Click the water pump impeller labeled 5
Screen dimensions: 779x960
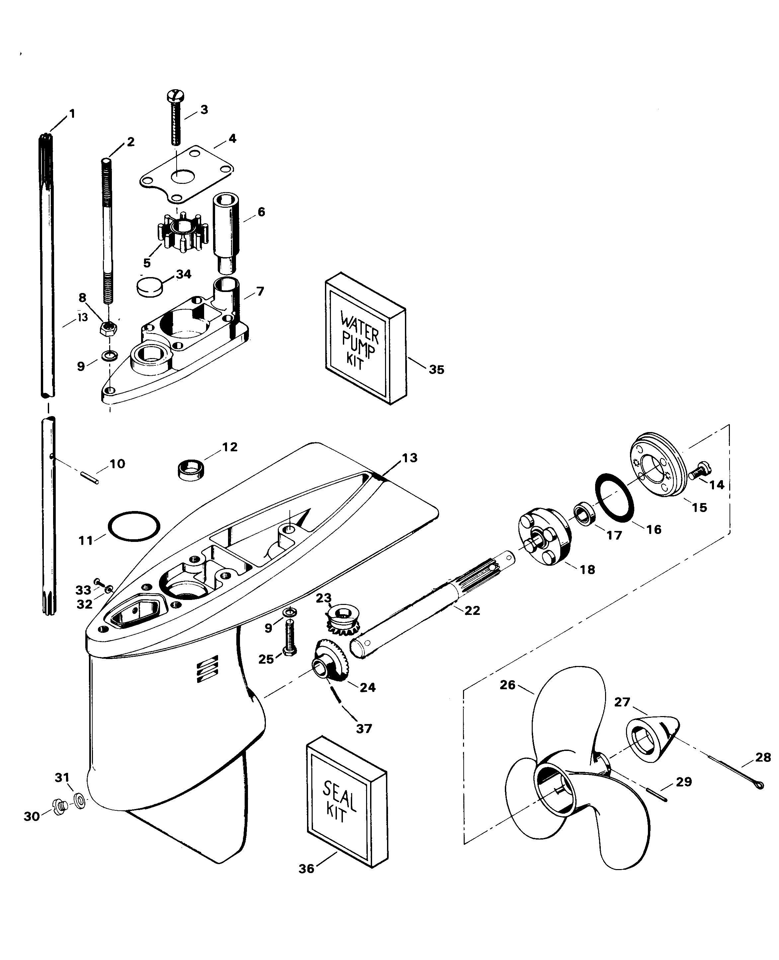[182, 232]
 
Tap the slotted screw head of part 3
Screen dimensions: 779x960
[175, 95]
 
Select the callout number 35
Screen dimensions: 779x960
[436, 369]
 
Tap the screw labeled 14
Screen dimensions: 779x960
[699, 471]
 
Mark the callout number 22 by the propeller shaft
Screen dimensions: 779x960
[472, 610]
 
